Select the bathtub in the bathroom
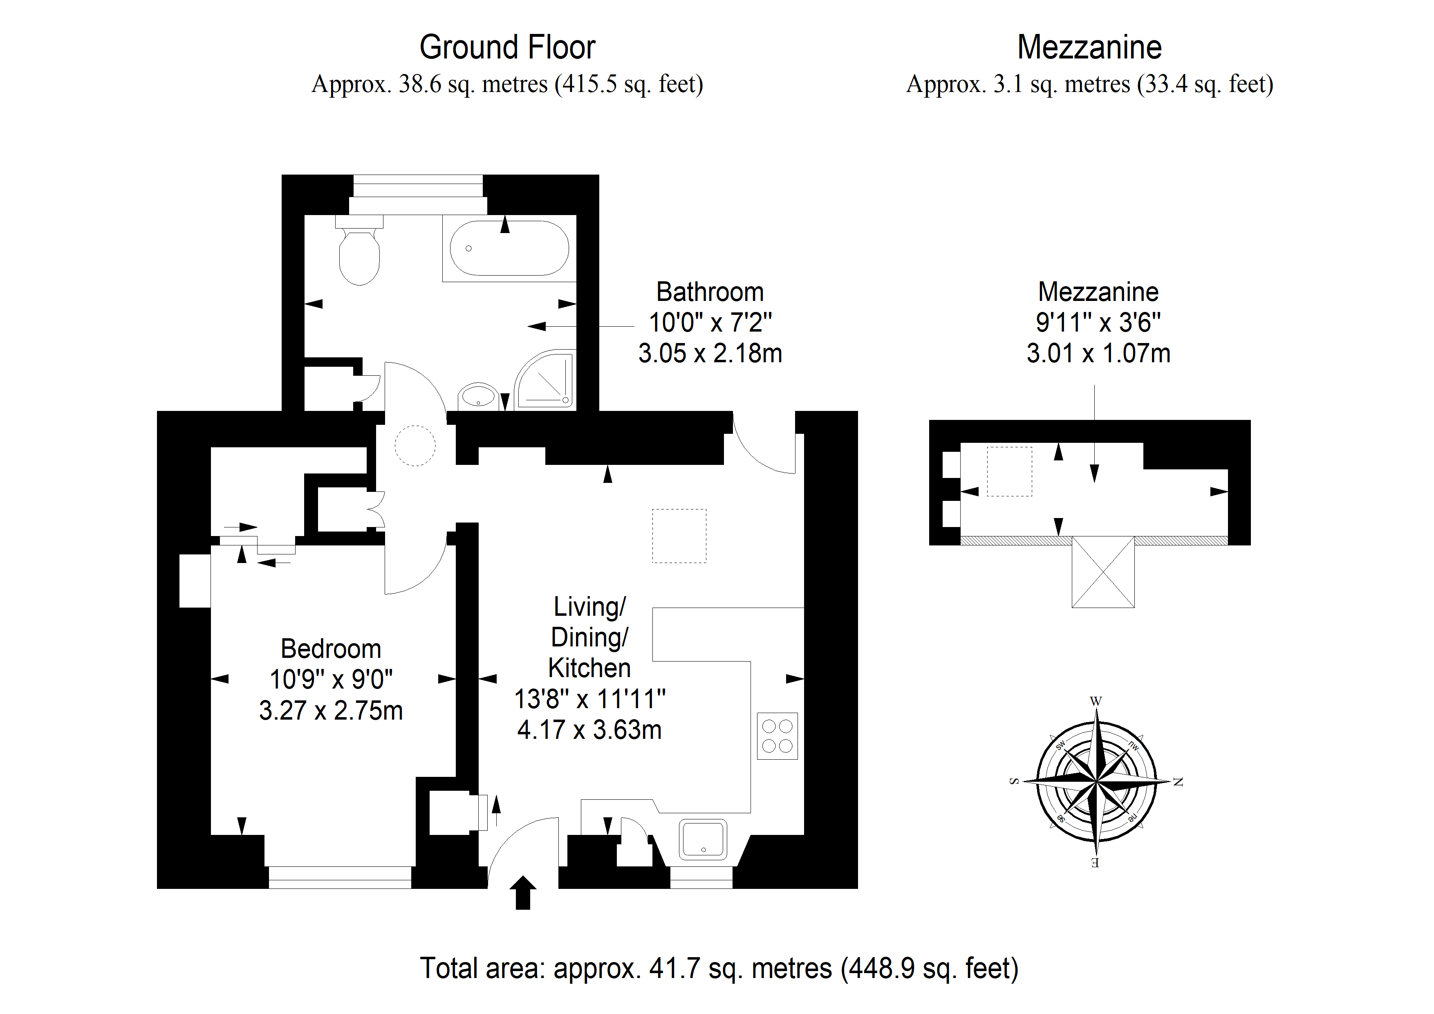(x=509, y=248)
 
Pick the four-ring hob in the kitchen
(x=777, y=736)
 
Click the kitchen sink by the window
(x=703, y=839)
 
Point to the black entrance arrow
(x=523, y=892)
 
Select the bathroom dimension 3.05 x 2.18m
(x=710, y=354)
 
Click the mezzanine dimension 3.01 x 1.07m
(x=1098, y=354)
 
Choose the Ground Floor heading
(x=507, y=47)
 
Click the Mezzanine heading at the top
(x=1089, y=47)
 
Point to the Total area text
(x=719, y=968)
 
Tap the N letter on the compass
(x=1178, y=782)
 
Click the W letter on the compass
(x=1096, y=701)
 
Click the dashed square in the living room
(x=679, y=536)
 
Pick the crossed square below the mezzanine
(x=1103, y=572)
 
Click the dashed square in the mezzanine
(x=1009, y=472)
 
